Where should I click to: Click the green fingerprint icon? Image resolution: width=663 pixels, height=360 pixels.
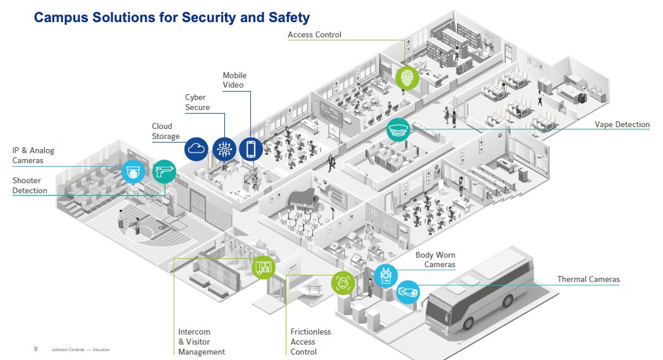click(407, 78)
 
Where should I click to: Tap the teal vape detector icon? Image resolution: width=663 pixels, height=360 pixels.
click(398, 130)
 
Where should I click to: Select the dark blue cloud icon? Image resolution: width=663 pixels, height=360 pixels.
click(197, 149)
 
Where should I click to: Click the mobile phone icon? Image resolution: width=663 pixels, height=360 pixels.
click(251, 149)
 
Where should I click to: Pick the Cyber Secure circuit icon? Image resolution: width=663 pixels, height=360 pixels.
click(224, 149)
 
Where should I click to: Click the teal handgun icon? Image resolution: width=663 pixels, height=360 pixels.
click(164, 171)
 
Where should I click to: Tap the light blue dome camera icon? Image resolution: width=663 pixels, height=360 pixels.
click(133, 171)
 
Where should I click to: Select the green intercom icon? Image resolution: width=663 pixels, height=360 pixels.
click(264, 267)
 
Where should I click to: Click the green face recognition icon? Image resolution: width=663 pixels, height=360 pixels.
click(343, 282)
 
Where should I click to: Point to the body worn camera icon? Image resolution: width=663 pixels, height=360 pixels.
click(385, 276)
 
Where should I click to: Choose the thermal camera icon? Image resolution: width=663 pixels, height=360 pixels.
click(408, 292)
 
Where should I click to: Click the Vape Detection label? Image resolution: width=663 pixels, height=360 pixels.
click(622, 124)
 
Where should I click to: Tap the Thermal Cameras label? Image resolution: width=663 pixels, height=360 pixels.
click(588, 279)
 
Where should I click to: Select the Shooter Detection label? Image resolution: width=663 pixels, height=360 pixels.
click(30, 186)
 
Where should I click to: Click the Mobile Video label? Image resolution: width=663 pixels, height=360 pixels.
click(234, 80)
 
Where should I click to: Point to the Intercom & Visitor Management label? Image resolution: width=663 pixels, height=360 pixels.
click(201, 342)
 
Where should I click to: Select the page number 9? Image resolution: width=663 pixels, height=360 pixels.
click(35, 349)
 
